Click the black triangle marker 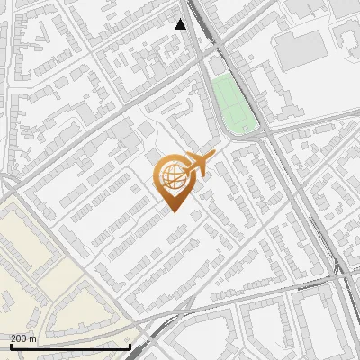(x=181, y=24)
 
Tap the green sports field (x=232, y=103)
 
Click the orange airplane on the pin (x=197, y=165)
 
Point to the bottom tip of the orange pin (x=171, y=212)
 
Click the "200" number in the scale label (x=19, y=338)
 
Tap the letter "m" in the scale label (x=33, y=338)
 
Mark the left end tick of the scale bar (x=11, y=346)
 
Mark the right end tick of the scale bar (x=130, y=346)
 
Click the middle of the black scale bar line (x=70, y=347)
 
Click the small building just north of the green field (x=218, y=67)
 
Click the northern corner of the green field (x=214, y=77)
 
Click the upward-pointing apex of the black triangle (x=181, y=19)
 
